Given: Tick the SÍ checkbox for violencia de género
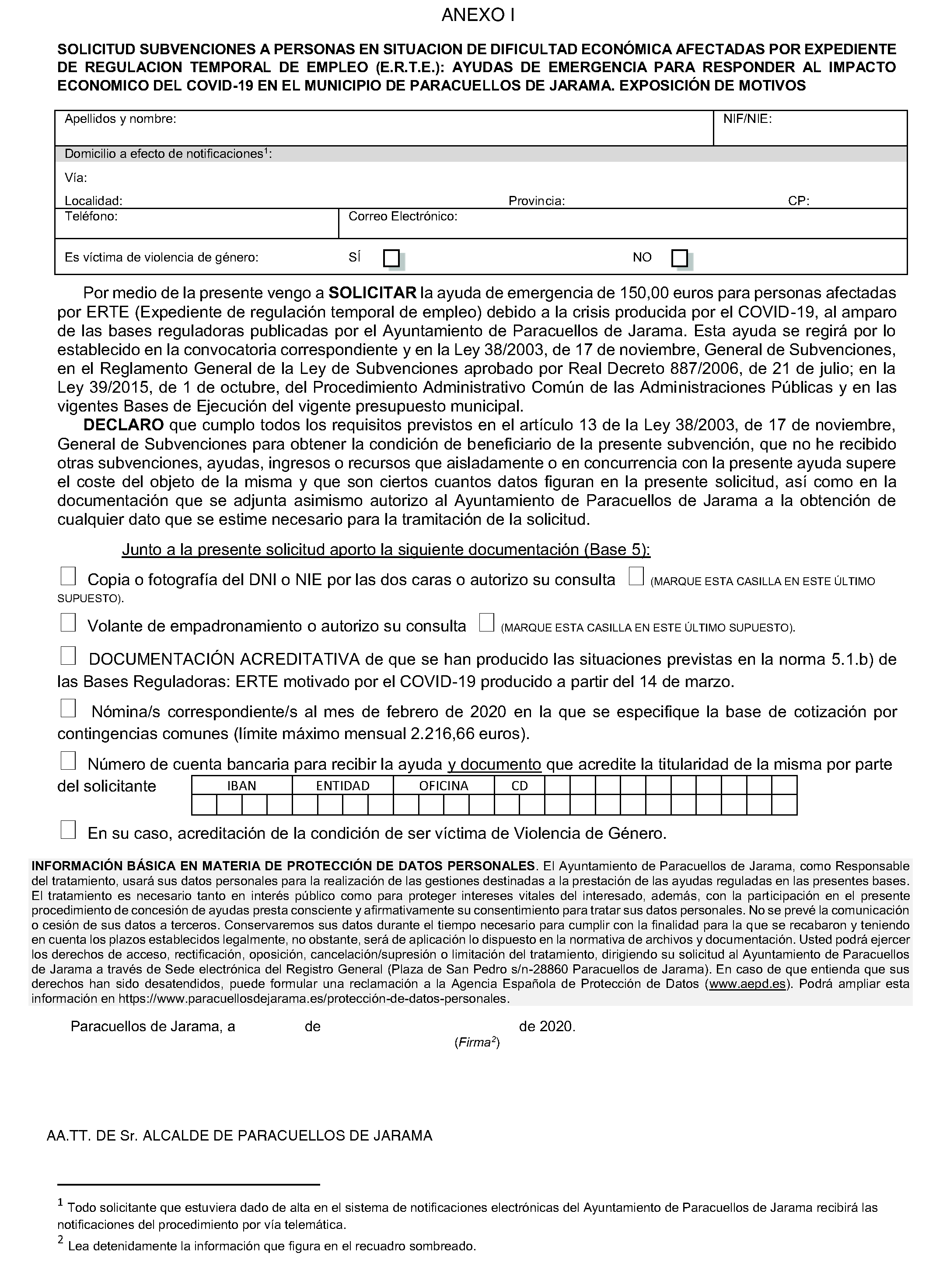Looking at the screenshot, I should pyautogui.click(x=391, y=258).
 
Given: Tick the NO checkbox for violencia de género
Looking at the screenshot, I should pyautogui.click(x=679, y=258).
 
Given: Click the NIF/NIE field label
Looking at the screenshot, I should pyautogui.click(x=747, y=119).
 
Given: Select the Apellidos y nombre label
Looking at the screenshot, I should pyautogui.click(x=120, y=119).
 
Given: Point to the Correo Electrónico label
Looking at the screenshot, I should pyautogui.click(x=403, y=217).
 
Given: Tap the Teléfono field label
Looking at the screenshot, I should pyautogui.click(x=91, y=217).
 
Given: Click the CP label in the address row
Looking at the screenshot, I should pyautogui.click(x=799, y=201).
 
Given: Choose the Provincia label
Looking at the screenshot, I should pyautogui.click(x=537, y=201).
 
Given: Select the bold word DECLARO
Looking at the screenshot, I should pyautogui.click(x=123, y=425).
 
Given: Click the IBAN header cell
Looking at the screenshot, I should pyautogui.click(x=241, y=786).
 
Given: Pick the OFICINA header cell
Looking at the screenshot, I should pyautogui.click(x=444, y=786).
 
